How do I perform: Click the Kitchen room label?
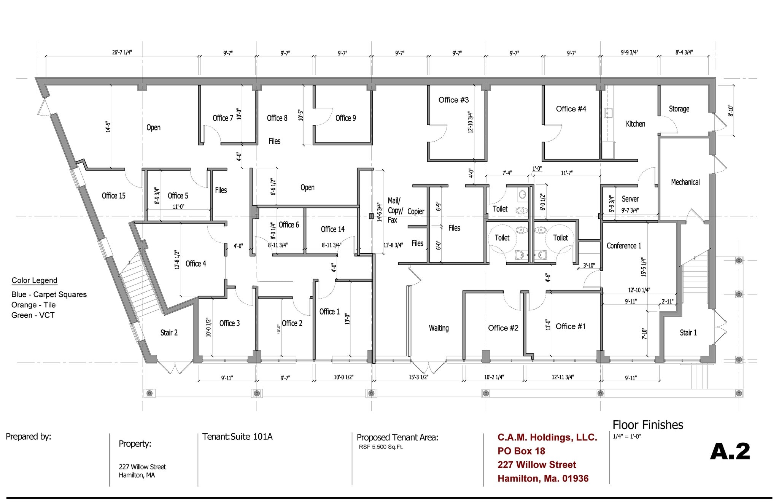pyautogui.click(x=635, y=124)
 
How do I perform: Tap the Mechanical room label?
pyautogui.click(x=685, y=182)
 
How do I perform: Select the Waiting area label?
pyautogui.click(x=439, y=328)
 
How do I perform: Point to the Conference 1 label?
pyautogui.click(x=624, y=246)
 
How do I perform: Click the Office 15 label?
pyautogui.click(x=113, y=196)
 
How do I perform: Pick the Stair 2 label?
pyautogui.click(x=169, y=333)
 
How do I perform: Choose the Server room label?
pyautogui.click(x=630, y=199)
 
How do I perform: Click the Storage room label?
pyautogui.click(x=679, y=109)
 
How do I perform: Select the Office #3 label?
pyautogui.click(x=453, y=100)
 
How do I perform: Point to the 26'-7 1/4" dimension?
pyautogui.click(x=122, y=52)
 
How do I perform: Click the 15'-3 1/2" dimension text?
pyautogui.click(x=418, y=377)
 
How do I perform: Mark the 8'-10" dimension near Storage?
pyautogui.click(x=731, y=110)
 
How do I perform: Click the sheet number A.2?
pyautogui.click(x=730, y=452)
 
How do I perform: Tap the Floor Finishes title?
pyautogui.click(x=648, y=425)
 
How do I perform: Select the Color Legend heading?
pyautogui.click(x=34, y=281)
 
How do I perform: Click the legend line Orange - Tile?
pyautogui.click(x=33, y=305)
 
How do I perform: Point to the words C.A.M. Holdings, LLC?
pyautogui.click(x=547, y=437)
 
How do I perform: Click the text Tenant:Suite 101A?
pyautogui.click(x=237, y=437)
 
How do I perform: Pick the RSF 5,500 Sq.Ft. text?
pyautogui.click(x=381, y=447)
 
